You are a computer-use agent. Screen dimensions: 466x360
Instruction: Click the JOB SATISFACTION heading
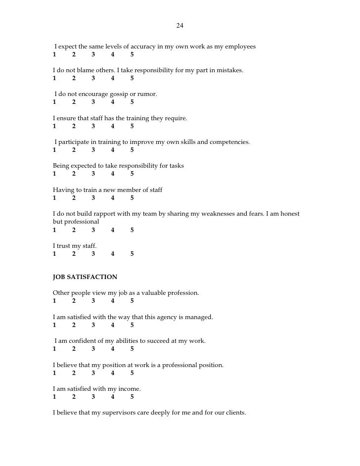pos(85,277)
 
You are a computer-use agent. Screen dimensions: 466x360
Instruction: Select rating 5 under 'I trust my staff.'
pos(132,254)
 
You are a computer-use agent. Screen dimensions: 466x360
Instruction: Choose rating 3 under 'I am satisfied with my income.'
pos(93,397)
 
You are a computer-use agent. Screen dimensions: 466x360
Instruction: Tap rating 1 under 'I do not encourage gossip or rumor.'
pos(54,102)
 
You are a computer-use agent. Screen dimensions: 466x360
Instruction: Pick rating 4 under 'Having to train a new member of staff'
pos(113,198)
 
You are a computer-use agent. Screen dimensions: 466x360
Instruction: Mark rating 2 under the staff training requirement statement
pos(74,126)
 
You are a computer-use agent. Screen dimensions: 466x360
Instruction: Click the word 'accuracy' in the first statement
pos(142,47)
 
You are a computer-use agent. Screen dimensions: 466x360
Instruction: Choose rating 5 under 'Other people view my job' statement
pos(132,301)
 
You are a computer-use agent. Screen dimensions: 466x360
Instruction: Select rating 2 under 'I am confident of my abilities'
pos(74,349)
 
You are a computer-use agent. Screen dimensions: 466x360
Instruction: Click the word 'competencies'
pos(228,142)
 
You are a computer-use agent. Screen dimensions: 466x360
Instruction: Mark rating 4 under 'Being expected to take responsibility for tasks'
pos(113,174)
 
